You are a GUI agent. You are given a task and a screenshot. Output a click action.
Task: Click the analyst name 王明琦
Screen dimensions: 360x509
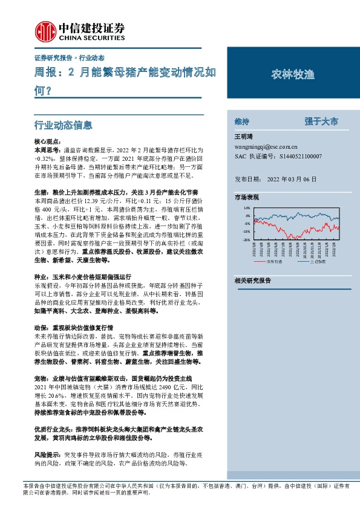point(242,137)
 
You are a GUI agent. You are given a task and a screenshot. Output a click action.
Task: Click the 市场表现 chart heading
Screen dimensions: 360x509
point(246,198)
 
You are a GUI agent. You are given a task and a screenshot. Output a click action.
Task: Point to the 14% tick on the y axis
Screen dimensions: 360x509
point(246,207)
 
